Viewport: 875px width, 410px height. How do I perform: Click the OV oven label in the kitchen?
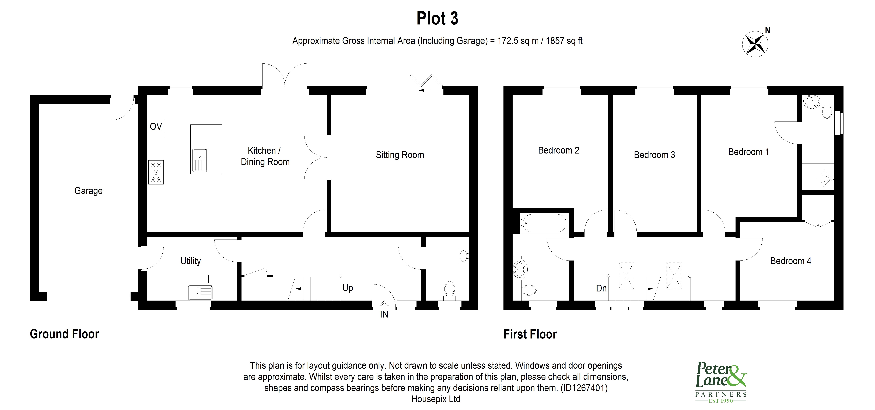click(x=156, y=127)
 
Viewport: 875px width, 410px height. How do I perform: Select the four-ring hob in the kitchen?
click(x=156, y=172)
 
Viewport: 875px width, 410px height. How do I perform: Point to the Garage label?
click(x=88, y=191)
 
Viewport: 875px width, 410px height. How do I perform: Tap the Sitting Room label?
click(x=400, y=155)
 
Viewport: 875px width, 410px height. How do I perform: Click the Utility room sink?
click(x=200, y=292)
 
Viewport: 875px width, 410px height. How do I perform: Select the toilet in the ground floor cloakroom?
click(x=449, y=290)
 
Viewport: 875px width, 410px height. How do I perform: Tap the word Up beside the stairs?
click(x=348, y=288)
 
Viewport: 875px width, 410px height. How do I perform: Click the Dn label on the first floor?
click(x=601, y=288)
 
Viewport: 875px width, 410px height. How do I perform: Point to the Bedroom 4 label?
click(x=790, y=261)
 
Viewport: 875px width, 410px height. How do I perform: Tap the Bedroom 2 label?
click(x=558, y=150)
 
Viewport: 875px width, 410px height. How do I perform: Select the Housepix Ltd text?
click(x=436, y=399)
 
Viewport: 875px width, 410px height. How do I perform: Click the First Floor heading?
click(x=530, y=334)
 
